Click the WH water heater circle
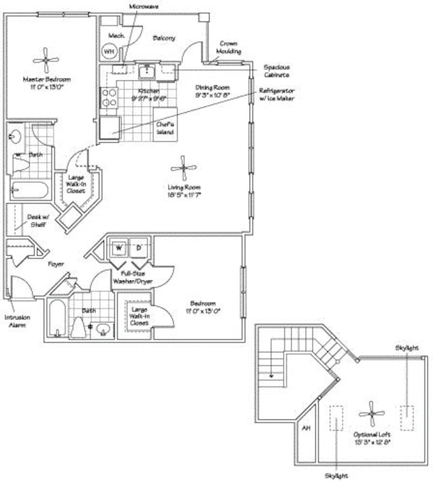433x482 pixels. point(109,52)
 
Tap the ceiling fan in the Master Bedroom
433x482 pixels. point(46,60)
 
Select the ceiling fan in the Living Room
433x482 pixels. point(184,168)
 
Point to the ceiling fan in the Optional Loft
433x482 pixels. point(372,414)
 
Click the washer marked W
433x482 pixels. point(119,248)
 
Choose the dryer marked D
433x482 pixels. point(139,248)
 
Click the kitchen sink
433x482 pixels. point(147,71)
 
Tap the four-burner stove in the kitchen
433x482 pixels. point(109,98)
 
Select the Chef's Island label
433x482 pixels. point(165,128)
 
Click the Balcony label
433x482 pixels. point(164,38)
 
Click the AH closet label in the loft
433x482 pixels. point(306,428)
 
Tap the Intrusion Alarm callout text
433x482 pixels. point(17,321)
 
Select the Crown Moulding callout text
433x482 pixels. point(228,47)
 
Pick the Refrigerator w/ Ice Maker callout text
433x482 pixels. point(277,94)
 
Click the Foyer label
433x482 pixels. point(56,264)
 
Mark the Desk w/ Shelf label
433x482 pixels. point(38,221)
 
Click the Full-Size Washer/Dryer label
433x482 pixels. point(133,278)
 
